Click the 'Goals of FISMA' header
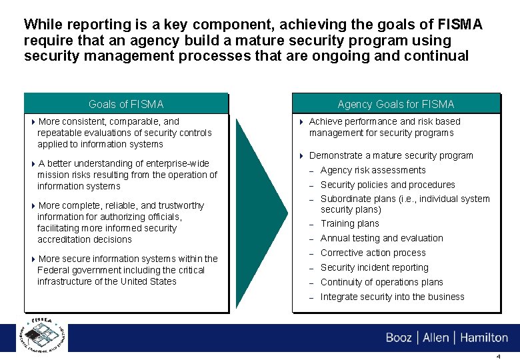click(x=126, y=104)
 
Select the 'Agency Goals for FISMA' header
click(x=395, y=104)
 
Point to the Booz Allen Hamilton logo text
click(x=446, y=337)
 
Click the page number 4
click(x=499, y=356)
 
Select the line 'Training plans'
click(x=349, y=224)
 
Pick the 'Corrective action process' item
click(x=373, y=253)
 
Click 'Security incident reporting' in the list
click(x=374, y=267)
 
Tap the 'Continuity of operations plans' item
click(x=381, y=282)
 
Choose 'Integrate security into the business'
click(x=392, y=297)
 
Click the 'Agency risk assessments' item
click(x=373, y=170)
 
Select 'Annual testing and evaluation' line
click(x=381, y=238)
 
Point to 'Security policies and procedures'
click(x=387, y=185)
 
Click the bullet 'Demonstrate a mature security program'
click(x=391, y=155)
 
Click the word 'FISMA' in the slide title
click(x=458, y=25)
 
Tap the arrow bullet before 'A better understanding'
click(x=33, y=164)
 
